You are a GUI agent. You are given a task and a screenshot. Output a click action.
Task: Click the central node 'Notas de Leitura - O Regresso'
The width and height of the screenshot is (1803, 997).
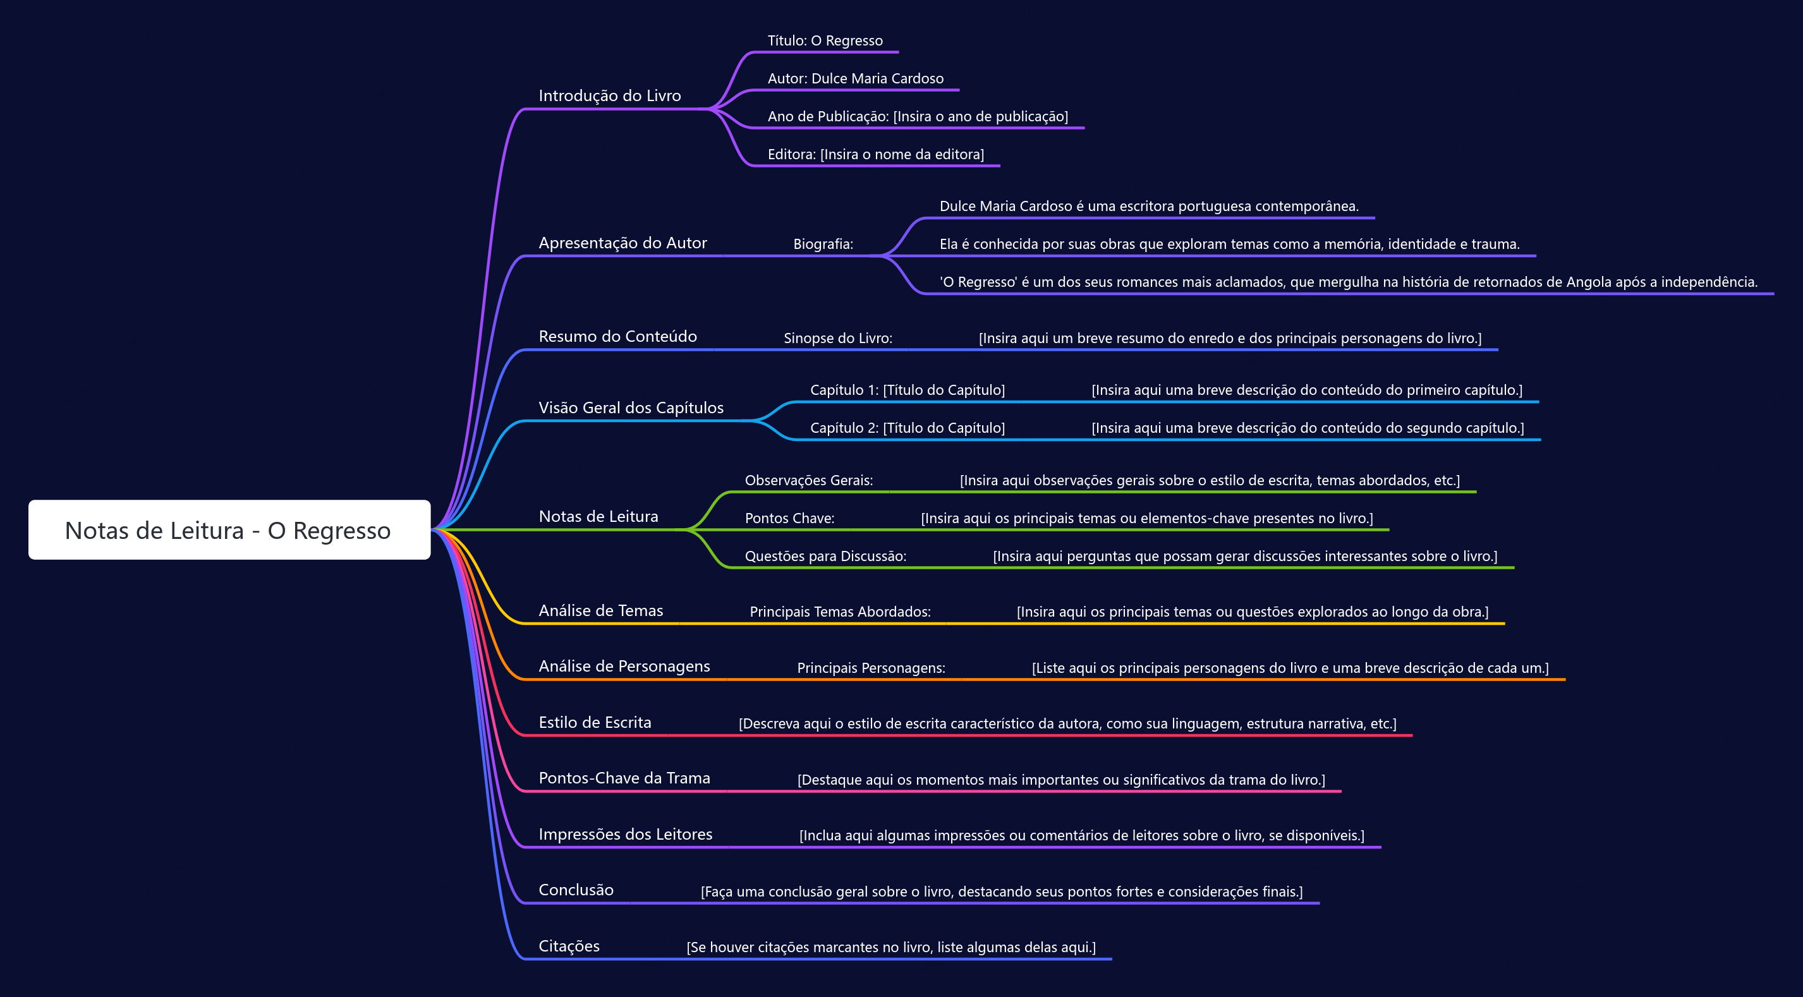coord(229,529)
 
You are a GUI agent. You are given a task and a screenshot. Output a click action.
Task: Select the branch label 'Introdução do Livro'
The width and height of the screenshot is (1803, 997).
coord(610,96)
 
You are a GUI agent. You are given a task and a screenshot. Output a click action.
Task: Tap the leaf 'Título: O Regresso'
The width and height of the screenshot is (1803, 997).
coord(825,40)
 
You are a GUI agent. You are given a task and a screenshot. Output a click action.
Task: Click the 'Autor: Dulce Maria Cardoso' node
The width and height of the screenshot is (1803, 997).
coord(855,78)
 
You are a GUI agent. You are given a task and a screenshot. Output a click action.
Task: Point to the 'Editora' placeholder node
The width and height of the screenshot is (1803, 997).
coord(876,154)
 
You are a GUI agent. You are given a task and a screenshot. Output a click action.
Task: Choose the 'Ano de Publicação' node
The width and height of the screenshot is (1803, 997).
coord(918,116)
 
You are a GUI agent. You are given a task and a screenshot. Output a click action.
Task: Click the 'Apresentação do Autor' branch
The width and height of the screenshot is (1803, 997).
coord(623,243)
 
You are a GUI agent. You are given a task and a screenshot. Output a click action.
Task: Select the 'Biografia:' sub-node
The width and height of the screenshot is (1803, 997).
coord(823,244)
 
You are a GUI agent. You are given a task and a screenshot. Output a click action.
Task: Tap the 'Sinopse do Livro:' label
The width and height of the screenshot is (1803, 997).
coord(838,338)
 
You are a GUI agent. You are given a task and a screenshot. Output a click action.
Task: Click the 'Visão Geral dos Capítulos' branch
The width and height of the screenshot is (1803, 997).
coord(631,408)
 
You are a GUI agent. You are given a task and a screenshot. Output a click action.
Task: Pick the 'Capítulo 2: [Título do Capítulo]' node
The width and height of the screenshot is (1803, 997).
coord(908,428)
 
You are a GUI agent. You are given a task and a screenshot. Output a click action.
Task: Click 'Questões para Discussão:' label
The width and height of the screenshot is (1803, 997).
coord(825,556)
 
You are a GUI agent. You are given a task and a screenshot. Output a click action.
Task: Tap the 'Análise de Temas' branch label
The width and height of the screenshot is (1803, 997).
coord(600,611)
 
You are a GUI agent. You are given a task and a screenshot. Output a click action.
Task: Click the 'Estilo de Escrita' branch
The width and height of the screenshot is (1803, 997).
coord(595,723)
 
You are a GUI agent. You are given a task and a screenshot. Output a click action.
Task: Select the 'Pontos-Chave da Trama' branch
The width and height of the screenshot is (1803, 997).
coord(624,778)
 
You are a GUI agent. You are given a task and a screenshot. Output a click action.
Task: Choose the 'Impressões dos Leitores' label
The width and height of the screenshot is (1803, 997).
coord(625,834)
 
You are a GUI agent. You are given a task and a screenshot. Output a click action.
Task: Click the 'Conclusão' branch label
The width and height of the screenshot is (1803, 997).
coord(576,890)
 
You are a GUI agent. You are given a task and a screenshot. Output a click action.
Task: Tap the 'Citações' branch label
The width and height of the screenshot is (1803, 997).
coord(569,946)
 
